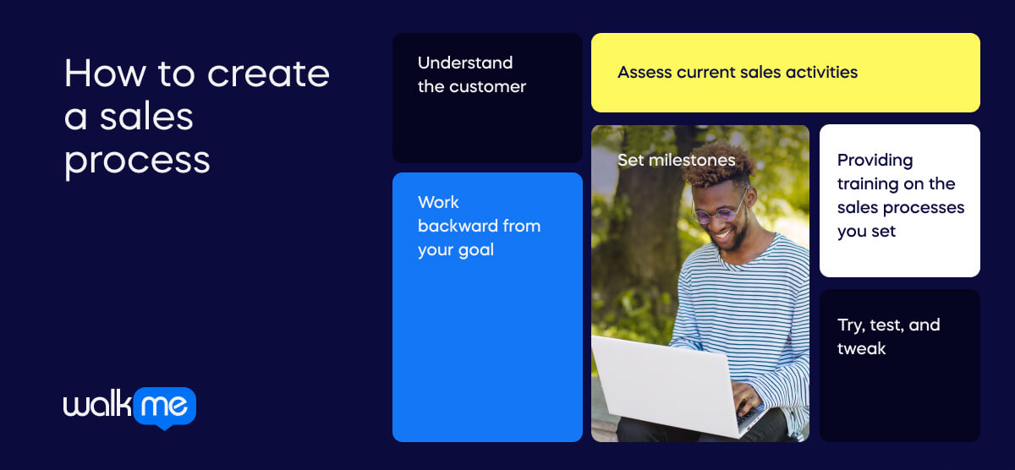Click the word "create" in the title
[268, 74]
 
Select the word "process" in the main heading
[137, 160]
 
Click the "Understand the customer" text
[471, 74]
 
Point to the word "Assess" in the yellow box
[645, 73]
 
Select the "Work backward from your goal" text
[478, 226]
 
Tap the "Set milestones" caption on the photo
[676, 160]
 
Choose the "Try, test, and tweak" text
[888, 336]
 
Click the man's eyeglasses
[719, 210]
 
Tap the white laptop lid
[656, 385]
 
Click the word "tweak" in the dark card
[861, 349]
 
